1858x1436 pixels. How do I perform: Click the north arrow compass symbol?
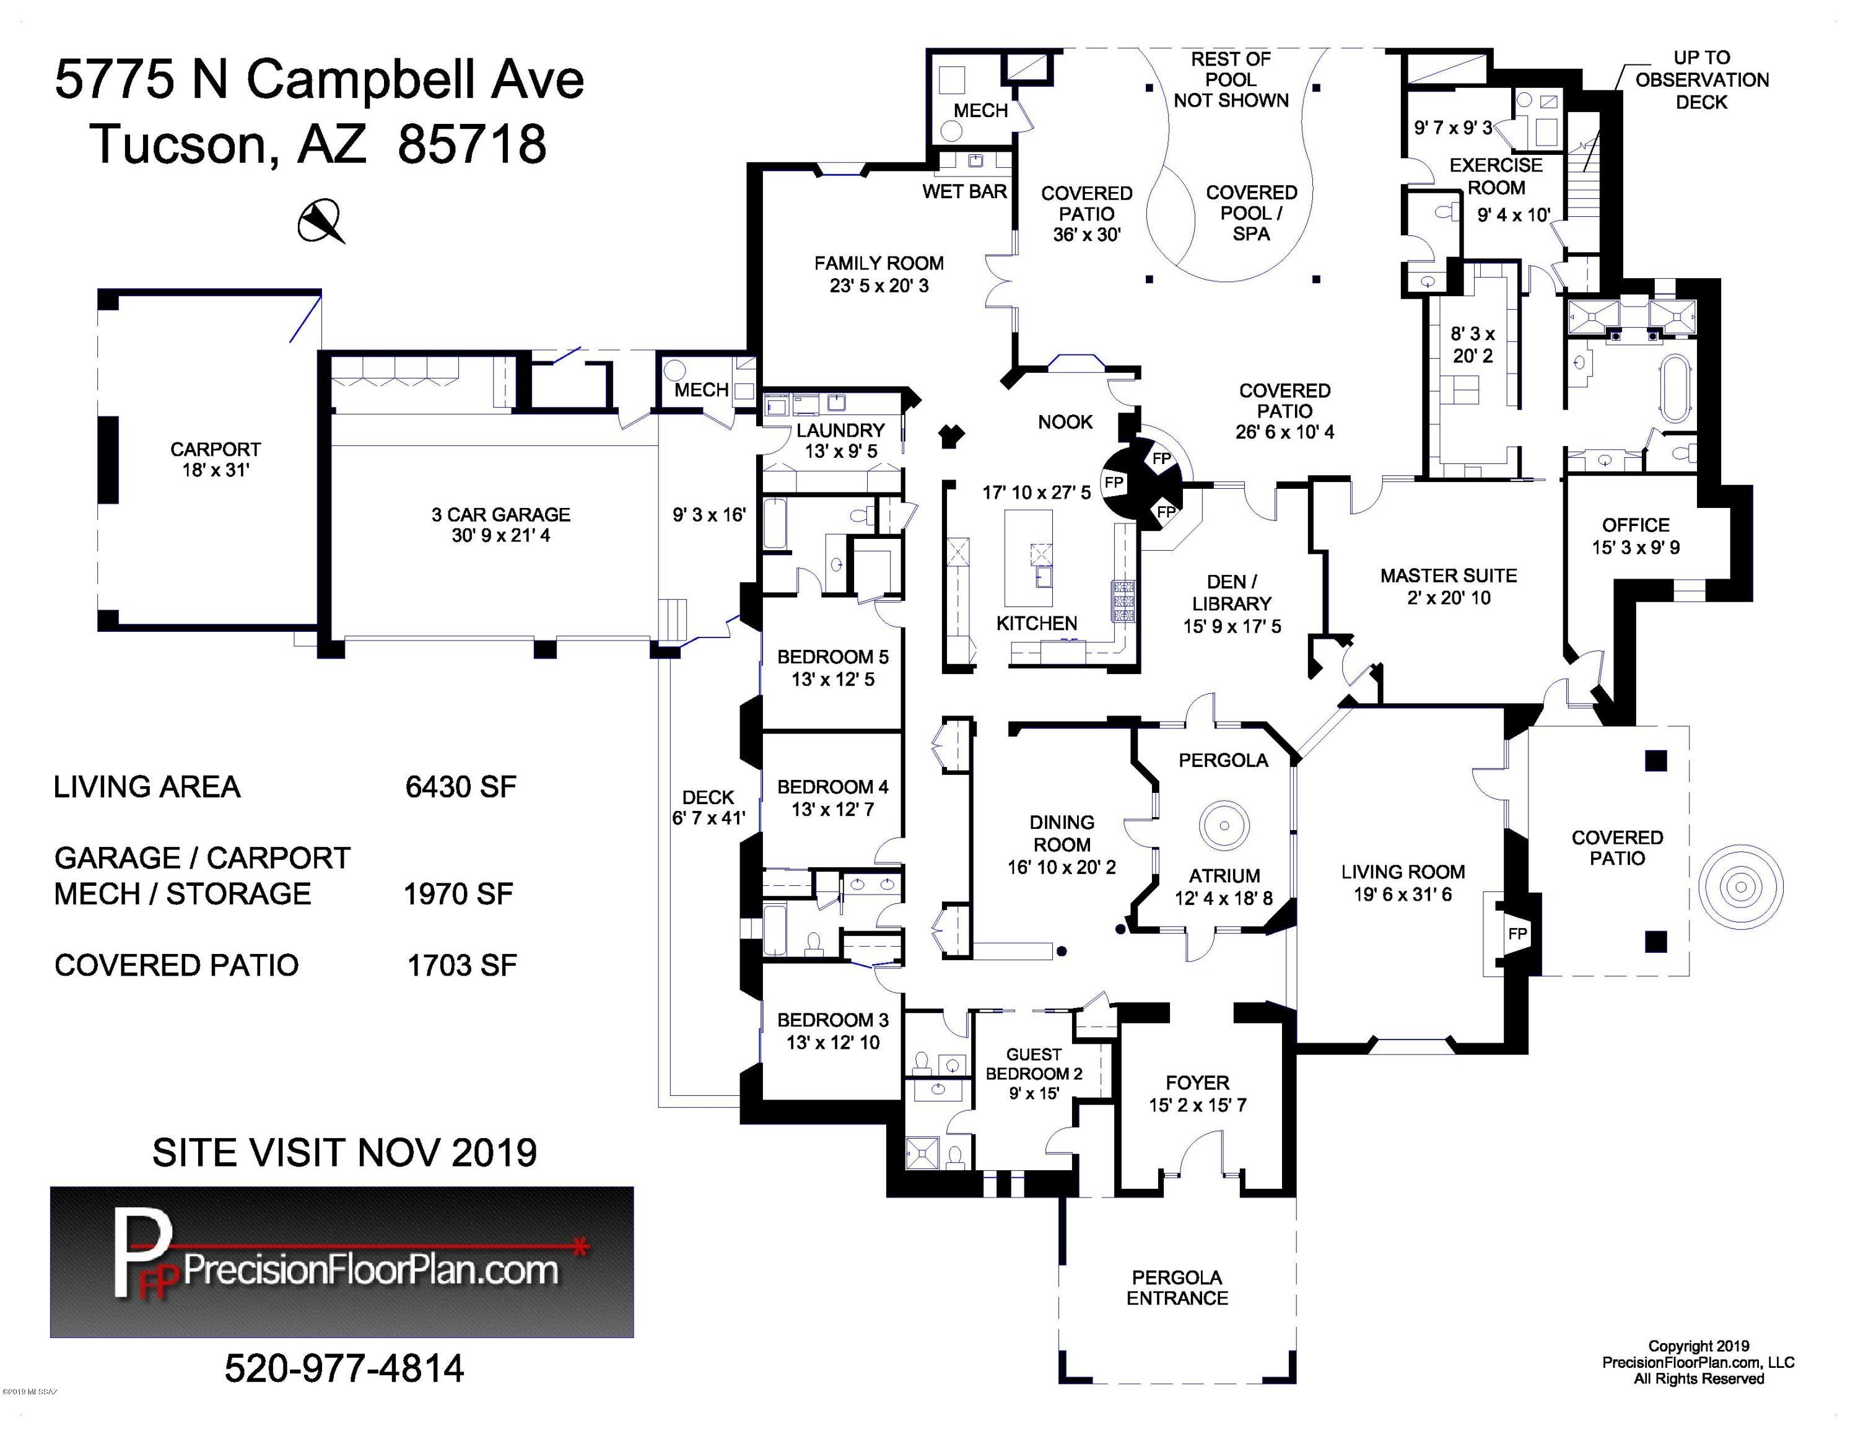tap(321, 221)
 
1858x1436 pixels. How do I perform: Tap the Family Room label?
tap(879, 264)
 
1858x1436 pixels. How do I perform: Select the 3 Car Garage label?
tap(501, 515)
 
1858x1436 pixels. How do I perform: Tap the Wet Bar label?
tap(965, 192)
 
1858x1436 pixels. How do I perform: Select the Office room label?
tap(1635, 525)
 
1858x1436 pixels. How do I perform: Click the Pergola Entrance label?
tap(1177, 1287)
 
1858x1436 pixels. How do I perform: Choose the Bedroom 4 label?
tap(833, 787)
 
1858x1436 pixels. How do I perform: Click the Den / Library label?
tap(1231, 593)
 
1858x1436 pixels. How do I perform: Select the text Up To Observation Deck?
tap(1701, 80)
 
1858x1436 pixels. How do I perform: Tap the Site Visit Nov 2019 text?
tap(344, 1154)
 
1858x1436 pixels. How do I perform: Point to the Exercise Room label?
tap(1496, 176)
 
